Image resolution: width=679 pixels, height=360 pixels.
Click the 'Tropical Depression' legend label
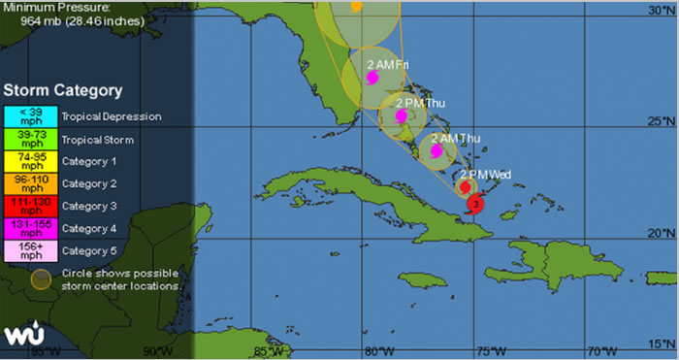(x=111, y=117)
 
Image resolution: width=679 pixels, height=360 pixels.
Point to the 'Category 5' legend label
(x=89, y=251)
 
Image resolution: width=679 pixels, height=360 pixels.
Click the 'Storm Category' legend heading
(x=62, y=90)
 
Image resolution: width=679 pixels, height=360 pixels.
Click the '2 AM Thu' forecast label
(x=455, y=138)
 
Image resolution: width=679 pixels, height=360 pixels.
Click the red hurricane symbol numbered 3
(x=476, y=204)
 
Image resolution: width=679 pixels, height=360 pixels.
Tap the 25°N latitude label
(x=663, y=121)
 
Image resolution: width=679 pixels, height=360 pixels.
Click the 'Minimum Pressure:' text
(x=47, y=6)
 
